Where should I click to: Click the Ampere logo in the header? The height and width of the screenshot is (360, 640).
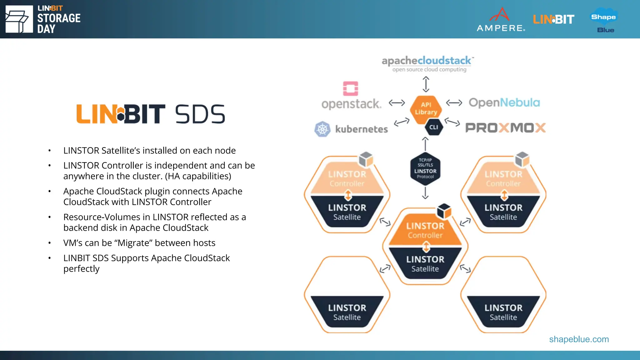point(501,19)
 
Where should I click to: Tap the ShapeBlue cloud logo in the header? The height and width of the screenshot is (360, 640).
point(604,19)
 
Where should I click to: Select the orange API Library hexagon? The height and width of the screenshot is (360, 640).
point(426,109)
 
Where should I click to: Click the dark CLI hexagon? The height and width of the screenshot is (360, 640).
point(434,127)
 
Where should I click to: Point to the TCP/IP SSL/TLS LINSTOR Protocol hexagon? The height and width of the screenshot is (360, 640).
point(425,168)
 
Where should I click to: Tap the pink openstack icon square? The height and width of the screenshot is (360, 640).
point(351,88)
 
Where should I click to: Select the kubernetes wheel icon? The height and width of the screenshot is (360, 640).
point(322,129)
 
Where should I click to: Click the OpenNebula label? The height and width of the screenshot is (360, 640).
point(504,102)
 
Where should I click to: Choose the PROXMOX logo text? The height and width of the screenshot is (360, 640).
point(505,128)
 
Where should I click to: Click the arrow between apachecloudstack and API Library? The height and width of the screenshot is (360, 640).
point(426,84)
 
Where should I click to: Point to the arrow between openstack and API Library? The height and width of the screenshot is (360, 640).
point(397,102)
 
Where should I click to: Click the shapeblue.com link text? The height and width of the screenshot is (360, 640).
point(579,339)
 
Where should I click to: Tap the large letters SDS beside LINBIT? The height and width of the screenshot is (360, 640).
point(200,114)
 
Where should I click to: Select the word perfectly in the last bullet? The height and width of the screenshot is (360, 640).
point(81,269)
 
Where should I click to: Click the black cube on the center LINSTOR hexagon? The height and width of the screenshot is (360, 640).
point(444,211)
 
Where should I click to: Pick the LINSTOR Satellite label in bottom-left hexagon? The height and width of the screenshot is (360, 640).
point(347,312)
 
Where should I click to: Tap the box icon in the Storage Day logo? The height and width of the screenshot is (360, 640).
point(19,19)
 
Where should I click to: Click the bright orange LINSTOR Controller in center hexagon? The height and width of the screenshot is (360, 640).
point(425,230)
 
